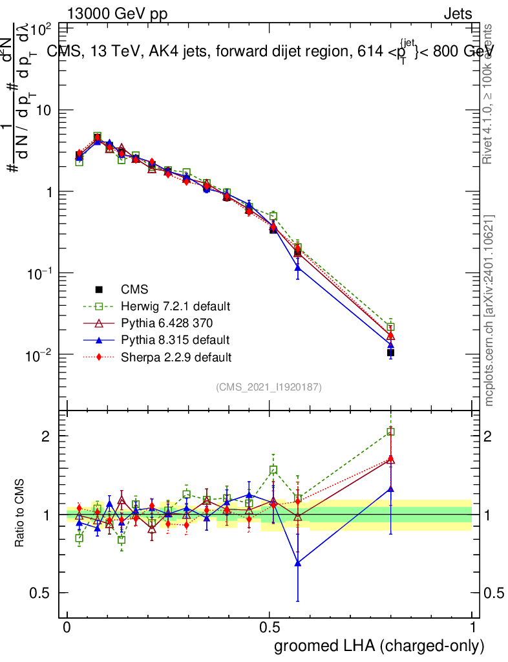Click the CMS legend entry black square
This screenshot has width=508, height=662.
pos(99,289)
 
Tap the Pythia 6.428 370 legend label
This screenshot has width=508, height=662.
pos(167,323)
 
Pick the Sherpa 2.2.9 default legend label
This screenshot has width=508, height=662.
pos(176,356)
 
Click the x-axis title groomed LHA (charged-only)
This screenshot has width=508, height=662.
pos(379,645)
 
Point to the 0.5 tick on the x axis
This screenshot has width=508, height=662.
pos(270,628)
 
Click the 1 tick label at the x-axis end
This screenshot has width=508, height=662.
pos(472,628)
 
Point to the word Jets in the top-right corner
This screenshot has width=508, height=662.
pos(457,14)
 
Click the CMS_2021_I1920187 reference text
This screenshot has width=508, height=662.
pos(269,387)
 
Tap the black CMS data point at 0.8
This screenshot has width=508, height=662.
pos(390,352)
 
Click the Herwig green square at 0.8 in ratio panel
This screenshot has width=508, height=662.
pos(390,431)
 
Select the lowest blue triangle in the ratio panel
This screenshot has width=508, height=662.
pos(297,563)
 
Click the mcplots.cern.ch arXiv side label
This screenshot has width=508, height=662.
pos(489,310)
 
